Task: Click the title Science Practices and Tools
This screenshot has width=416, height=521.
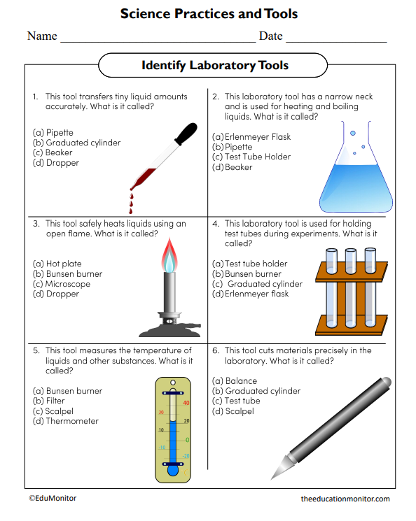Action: coord(209,14)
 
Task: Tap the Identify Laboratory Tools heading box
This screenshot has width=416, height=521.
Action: coord(215,66)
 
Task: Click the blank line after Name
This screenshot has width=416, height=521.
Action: coord(158,37)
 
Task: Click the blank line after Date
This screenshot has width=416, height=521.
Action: coord(336,37)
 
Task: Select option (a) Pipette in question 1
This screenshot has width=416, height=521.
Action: coord(53,132)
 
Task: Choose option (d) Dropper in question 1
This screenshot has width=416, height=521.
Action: coord(56,163)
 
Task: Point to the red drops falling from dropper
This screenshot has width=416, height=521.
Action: coord(130,203)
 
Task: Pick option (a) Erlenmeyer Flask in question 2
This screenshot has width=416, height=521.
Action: coord(251,137)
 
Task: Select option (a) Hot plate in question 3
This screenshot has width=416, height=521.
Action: coord(56,264)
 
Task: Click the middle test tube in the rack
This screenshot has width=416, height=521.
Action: coord(350,287)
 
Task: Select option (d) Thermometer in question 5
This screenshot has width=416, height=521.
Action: coord(66,421)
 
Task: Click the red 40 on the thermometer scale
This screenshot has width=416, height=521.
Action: coord(186,403)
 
